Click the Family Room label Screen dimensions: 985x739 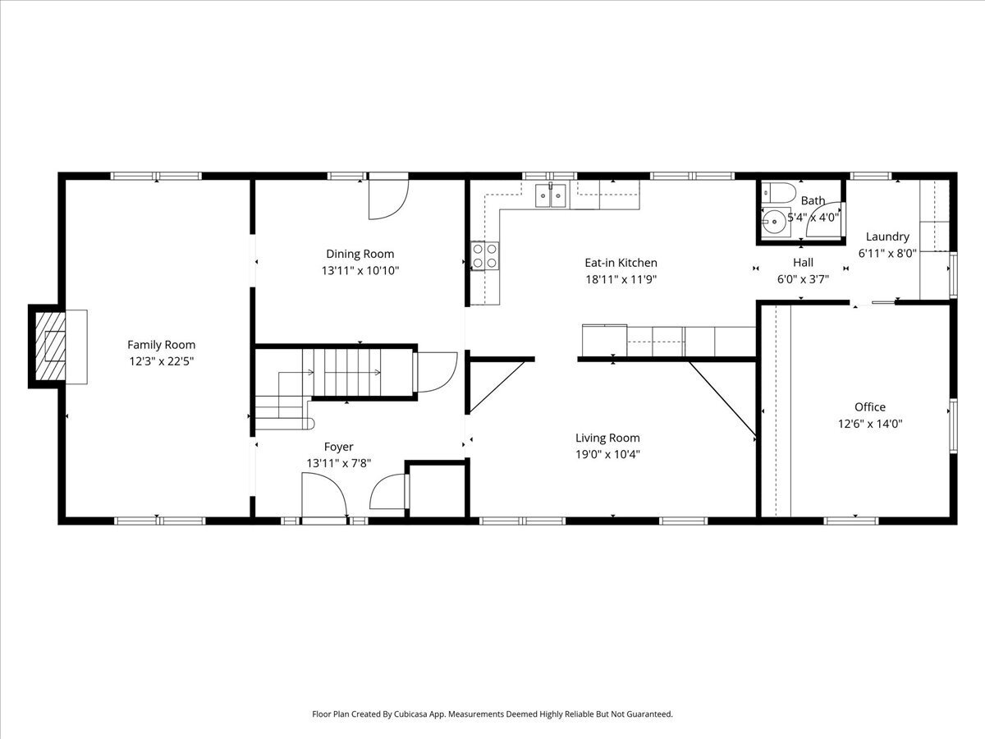(161, 345)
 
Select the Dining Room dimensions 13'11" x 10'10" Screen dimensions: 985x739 (360, 271)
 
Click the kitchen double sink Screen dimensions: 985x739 (551, 195)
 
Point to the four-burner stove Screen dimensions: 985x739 (484, 255)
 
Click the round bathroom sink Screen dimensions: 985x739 (775, 222)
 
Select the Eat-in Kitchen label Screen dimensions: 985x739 (621, 263)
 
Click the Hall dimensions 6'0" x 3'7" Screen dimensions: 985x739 (803, 279)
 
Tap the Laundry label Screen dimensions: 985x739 (887, 236)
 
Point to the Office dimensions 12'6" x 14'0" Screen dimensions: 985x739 (869, 424)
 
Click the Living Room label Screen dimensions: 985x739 (607, 438)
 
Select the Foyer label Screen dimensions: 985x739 (338, 447)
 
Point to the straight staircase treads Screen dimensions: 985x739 (347, 373)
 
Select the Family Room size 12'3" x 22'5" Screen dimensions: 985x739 (161, 361)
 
